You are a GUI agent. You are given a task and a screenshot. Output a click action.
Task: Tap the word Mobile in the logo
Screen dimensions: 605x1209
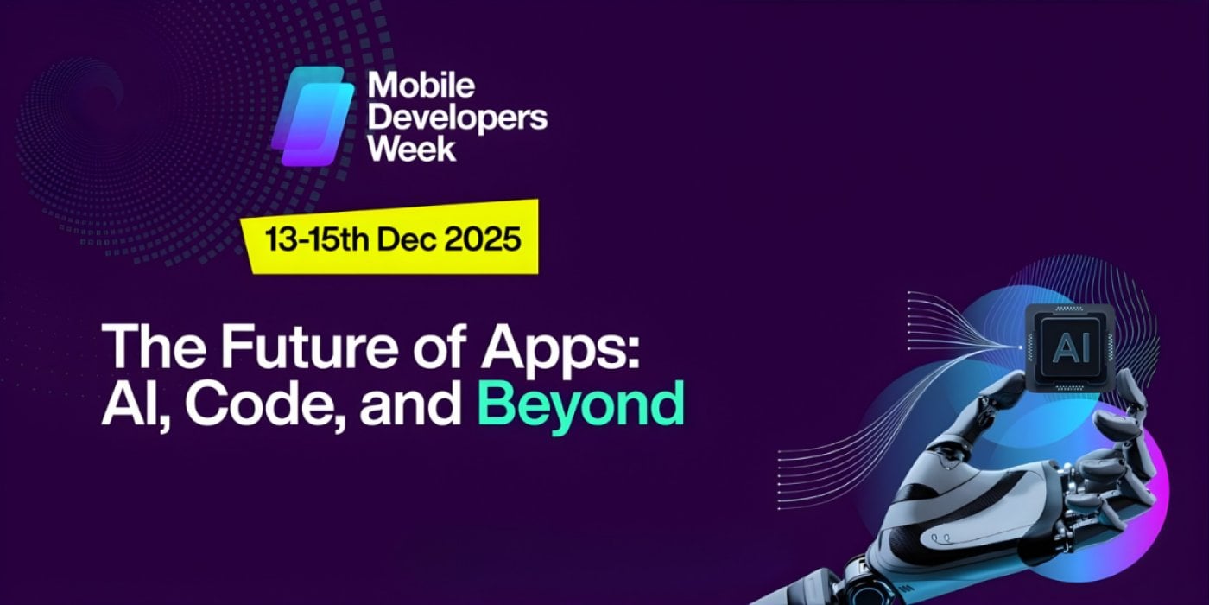421,86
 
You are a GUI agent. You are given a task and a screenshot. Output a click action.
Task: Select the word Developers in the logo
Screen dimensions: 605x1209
457,116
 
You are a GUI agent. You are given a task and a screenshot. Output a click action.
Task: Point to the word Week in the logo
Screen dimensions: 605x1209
411,146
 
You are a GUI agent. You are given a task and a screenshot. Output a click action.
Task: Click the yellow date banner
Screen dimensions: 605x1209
389,238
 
